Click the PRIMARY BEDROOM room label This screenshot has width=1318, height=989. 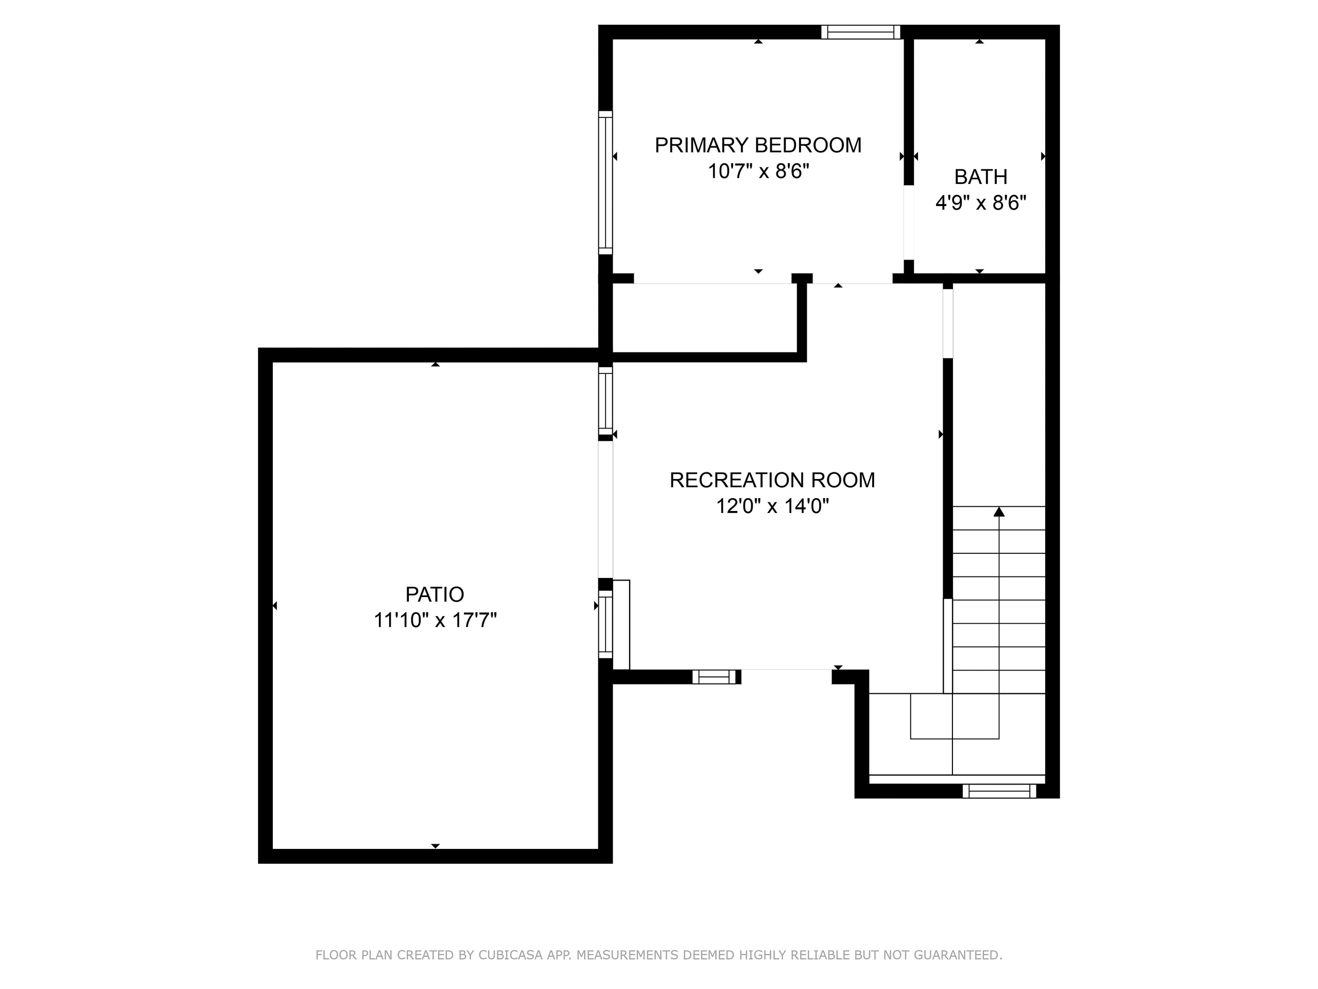click(x=758, y=145)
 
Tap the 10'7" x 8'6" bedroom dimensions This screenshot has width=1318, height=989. click(x=758, y=172)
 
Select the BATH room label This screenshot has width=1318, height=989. click(x=981, y=177)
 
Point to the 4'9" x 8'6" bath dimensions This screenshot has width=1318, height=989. click(x=981, y=203)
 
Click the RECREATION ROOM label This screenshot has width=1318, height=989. click(x=772, y=481)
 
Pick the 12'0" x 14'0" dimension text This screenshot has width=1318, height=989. click(x=772, y=507)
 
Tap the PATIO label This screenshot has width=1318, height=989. click(x=435, y=594)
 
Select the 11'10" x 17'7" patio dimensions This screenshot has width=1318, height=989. click(x=435, y=621)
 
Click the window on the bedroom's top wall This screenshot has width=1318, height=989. click(x=860, y=32)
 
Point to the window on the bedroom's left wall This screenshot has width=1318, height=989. click(x=605, y=183)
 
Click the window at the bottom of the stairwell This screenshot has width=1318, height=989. click(x=999, y=791)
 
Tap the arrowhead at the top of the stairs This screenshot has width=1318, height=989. click(x=999, y=511)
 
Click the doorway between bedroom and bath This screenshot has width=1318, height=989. click(x=909, y=223)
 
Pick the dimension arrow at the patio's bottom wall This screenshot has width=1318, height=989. click(x=435, y=846)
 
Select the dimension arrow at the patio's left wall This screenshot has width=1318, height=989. click(x=275, y=606)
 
